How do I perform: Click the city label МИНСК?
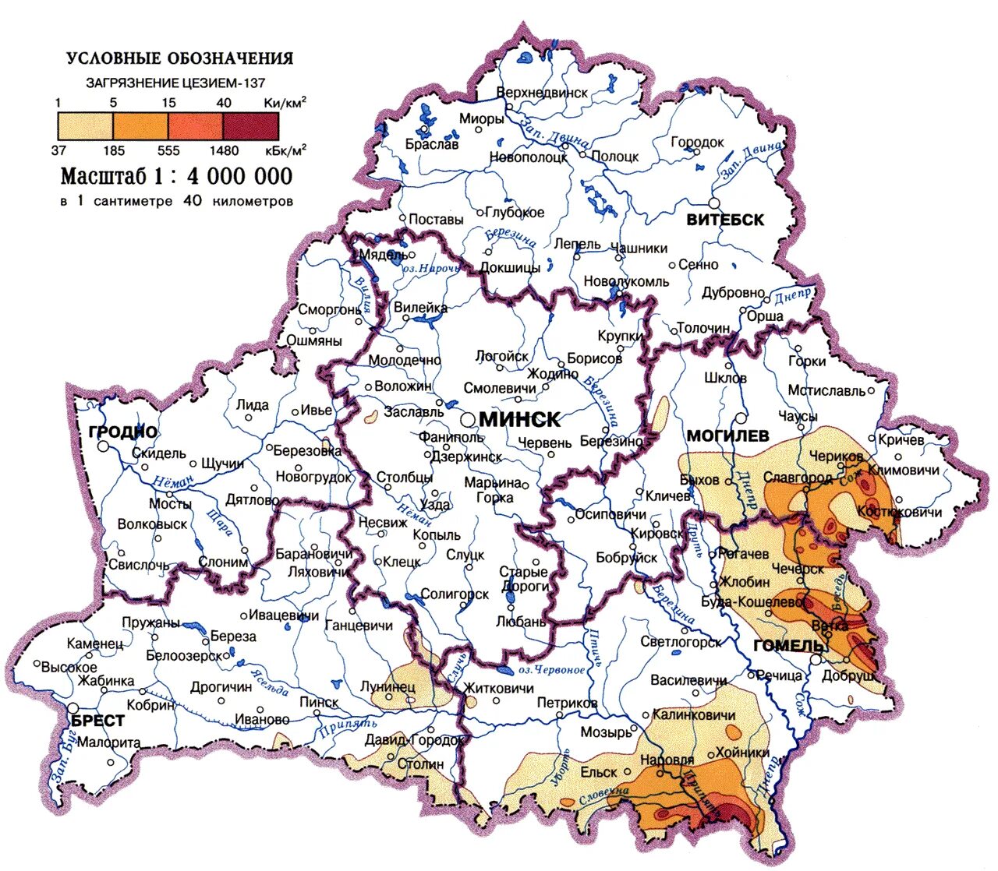519,420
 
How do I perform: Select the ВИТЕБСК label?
725,220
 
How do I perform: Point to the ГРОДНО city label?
123,432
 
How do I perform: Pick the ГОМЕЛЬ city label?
790,646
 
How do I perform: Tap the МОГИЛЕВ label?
727,435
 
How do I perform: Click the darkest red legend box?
250,125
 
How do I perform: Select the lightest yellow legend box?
85,125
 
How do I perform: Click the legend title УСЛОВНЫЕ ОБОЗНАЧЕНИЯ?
179,58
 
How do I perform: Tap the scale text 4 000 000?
239,176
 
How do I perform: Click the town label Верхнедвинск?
542,93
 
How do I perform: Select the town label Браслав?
432,144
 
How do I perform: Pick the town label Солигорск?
455,594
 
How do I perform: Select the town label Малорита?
108,742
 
